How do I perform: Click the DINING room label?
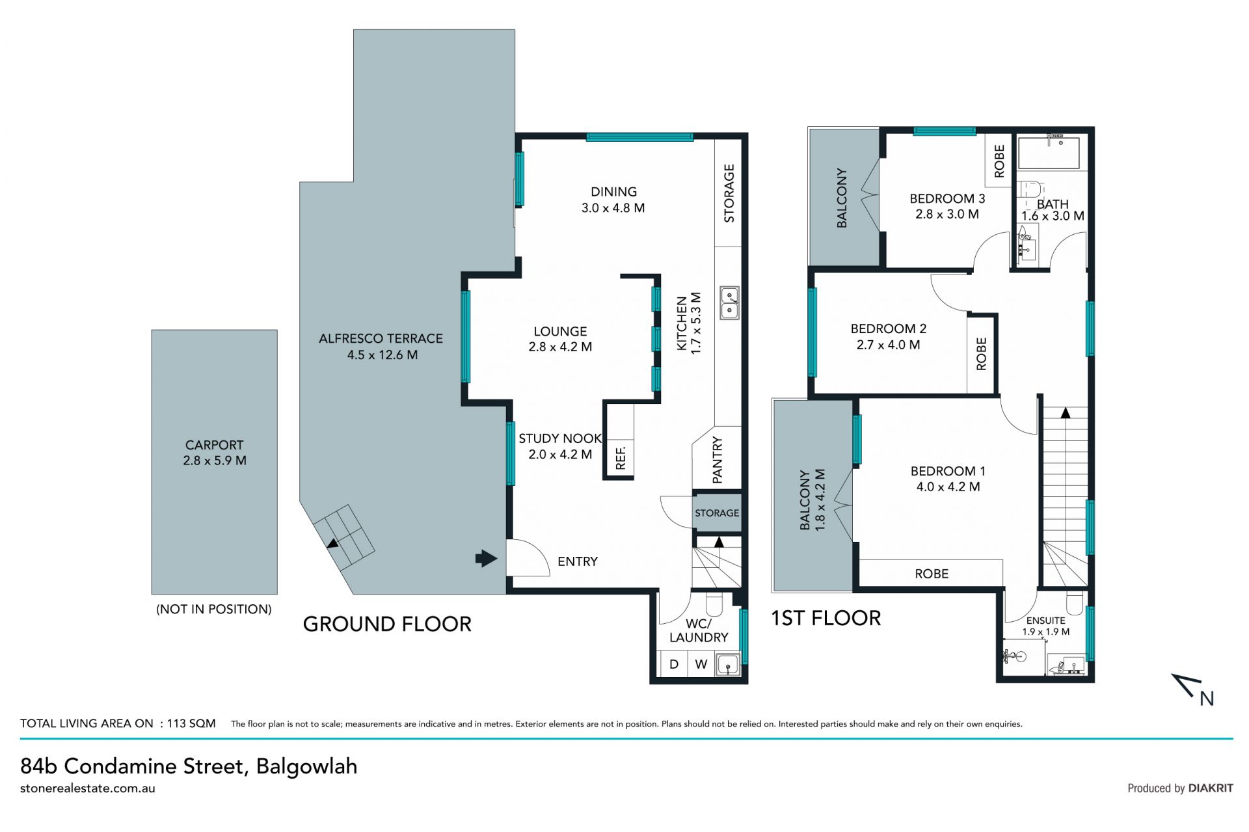click(613, 192)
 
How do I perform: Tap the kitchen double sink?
click(729, 302)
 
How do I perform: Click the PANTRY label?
click(718, 460)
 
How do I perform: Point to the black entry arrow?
click(486, 558)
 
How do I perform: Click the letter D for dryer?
click(674, 664)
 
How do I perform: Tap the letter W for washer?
click(701, 664)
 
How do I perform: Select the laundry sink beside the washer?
click(728, 665)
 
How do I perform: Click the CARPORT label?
click(214, 445)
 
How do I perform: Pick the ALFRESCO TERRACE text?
click(381, 338)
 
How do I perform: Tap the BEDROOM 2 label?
click(888, 329)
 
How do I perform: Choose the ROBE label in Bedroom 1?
click(932, 574)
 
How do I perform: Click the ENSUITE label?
click(1045, 621)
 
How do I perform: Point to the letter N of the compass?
click(1207, 699)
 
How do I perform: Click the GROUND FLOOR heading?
click(387, 624)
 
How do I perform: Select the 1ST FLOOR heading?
click(826, 618)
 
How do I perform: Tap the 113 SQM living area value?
click(191, 723)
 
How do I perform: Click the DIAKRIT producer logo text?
click(1211, 788)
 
